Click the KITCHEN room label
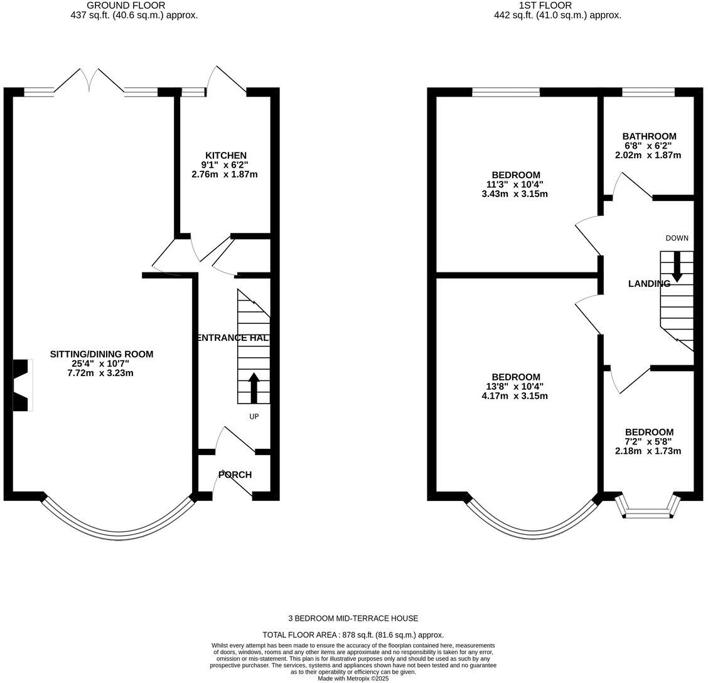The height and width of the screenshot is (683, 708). click(x=226, y=155)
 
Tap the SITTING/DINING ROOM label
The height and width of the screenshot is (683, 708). click(x=102, y=354)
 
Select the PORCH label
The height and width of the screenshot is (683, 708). click(x=235, y=475)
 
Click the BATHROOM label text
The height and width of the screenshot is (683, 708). click(x=649, y=136)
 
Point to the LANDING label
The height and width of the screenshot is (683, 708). click(x=649, y=284)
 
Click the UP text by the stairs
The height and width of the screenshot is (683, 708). click(x=254, y=416)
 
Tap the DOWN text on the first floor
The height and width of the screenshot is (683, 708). click(x=677, y=238)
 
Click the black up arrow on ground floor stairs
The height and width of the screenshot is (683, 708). click(x=254, y=388)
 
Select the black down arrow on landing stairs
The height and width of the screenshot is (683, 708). click(x=677, y=267)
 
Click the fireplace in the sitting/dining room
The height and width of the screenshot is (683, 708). click(x=23, y=385)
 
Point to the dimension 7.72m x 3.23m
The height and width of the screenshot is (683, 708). click(x=102, y=373)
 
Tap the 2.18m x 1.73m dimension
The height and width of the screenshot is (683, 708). click(x=649, y=451)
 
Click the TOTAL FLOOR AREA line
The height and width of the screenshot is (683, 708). click(x=353, y=635)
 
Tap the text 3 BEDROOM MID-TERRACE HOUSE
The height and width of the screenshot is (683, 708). click(x=353, y=618)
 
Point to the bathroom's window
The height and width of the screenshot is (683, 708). click(x=648, y=92)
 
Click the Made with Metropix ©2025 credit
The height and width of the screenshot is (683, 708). click(x=353, y=679)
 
